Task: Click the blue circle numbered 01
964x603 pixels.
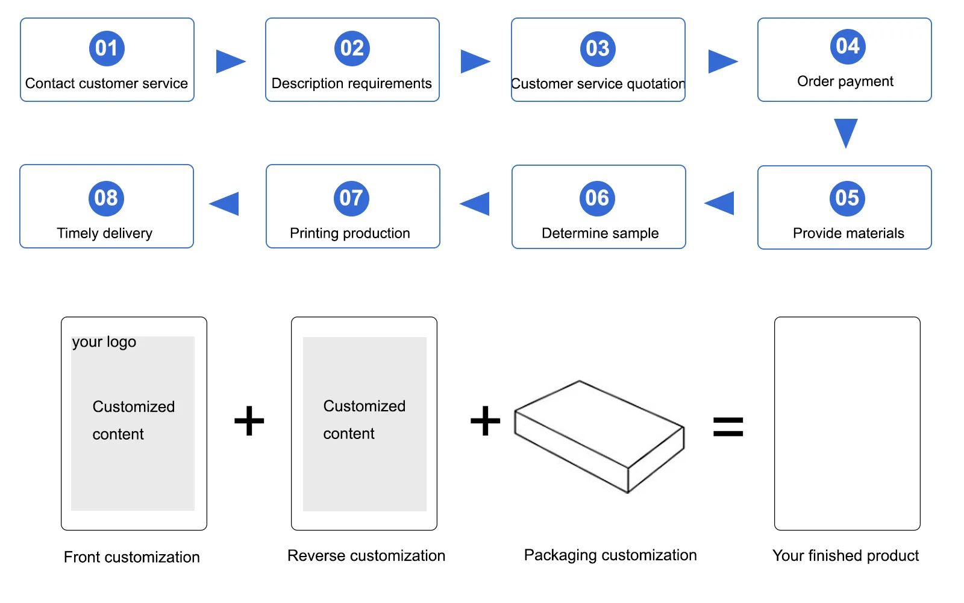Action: (107, 48)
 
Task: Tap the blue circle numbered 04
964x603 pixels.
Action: (848, 46)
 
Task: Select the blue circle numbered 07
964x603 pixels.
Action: (351, 198)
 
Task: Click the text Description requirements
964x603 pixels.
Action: (351, 83)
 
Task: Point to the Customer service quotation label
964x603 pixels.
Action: (598, 84)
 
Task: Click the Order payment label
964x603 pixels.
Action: (845, 81)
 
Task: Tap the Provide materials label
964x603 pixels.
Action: (848, 233)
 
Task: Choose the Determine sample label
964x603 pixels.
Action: (600, 233)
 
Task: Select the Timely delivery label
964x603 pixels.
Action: (104, 233)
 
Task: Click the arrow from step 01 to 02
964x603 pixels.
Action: (230, 61)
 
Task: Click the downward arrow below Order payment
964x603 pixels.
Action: (845, 132)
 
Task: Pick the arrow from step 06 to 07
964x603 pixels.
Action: (476, 203)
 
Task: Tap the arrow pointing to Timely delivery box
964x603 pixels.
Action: (225, 203)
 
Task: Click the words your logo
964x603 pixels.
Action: (104, 342)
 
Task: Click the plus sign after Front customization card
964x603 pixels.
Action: (249, 420)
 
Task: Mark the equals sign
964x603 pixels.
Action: (728, 427)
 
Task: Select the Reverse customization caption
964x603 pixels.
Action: (366, 555)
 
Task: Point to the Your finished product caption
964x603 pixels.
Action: (845, 555)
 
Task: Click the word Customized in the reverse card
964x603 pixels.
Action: (364, 406)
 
